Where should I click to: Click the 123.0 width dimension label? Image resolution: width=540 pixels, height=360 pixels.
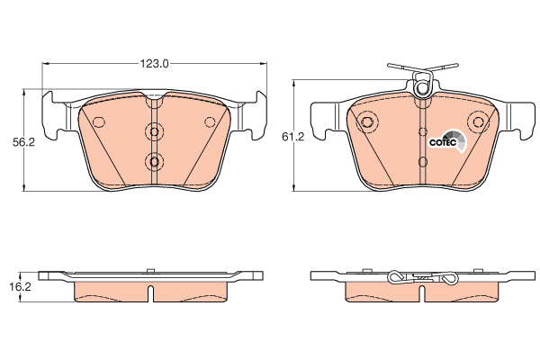tap(154, 64)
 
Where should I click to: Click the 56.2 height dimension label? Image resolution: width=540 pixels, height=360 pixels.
tap(23, 142)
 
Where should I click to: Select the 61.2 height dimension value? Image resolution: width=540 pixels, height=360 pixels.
tap(293, 137)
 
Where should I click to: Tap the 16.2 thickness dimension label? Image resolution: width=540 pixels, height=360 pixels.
tap(21, 286)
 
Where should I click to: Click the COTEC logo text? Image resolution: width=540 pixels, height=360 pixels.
tap(443, 142)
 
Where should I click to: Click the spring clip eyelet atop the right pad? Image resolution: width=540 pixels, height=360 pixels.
tap(422, 87)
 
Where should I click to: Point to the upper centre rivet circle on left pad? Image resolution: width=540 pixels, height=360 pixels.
tap(154, 131)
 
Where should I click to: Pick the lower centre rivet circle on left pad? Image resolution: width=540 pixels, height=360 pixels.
tap(154, 161)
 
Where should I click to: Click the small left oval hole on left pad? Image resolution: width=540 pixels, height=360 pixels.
tap(99, 121)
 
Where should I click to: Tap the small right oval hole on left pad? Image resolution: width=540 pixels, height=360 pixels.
tap(210, 121)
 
